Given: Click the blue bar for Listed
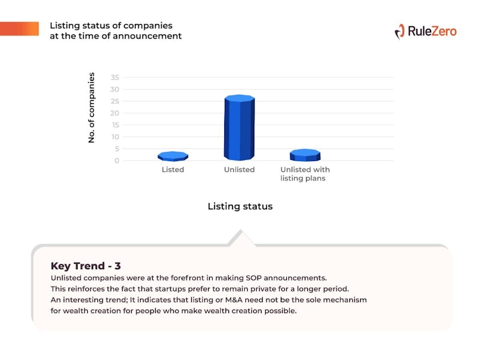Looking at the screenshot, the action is (x=173, y=156).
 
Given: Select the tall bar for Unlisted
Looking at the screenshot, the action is (x=239, y=127).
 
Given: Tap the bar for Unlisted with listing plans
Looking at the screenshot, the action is (x=305, y=155).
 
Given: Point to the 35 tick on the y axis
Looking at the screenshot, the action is (x=115, y=78).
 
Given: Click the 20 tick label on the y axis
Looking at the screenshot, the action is (x=115, y=113).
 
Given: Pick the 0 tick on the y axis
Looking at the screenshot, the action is (x=117, y=160).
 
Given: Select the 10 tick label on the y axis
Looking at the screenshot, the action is (x=115, y=137).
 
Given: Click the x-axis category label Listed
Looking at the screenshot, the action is (x=173, y=169).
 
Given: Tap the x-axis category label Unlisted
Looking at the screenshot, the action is (x=239, y=169).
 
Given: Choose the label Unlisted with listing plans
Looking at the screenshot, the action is (x=305, y=174).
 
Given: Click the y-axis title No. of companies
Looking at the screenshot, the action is (x=91, y=108).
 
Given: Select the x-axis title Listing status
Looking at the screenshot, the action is (x=240, y=206).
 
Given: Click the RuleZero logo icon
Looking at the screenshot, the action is (x=400, y=32).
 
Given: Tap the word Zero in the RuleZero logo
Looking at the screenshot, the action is (x=444, y=31).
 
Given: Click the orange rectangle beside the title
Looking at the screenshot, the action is (x=19, y=28).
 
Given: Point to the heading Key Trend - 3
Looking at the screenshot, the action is (x=85, y=266).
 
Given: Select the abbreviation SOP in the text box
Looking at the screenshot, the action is (x=254, y=278).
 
